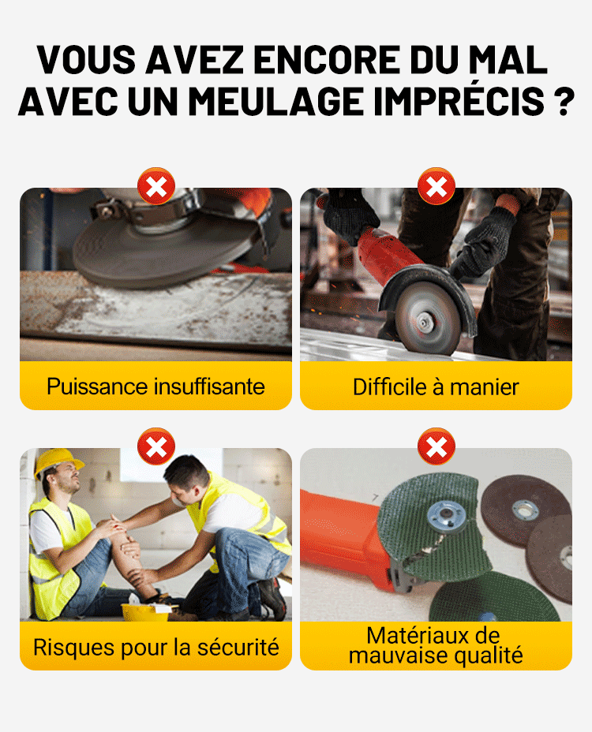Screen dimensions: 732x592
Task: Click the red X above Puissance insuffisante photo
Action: (156, 187)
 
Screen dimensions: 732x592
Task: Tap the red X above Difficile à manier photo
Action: (436, 187)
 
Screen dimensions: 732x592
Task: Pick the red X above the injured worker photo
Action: (156, 447)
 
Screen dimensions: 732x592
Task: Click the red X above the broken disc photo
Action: (436, 447)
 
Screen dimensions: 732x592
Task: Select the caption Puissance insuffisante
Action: (155, 387)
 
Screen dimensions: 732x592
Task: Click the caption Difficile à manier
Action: (436, 387)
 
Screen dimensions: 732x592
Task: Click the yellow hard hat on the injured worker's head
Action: (57, 461)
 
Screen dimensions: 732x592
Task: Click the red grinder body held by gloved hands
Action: (388, 253)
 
